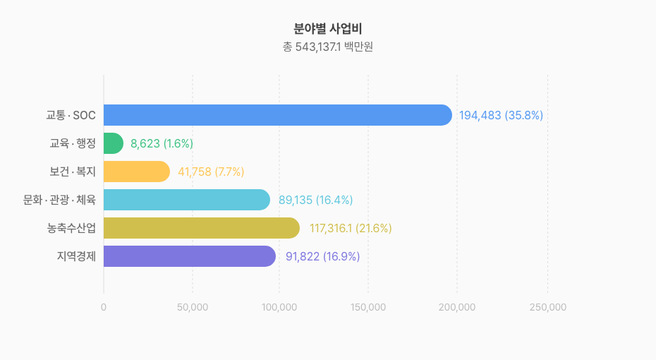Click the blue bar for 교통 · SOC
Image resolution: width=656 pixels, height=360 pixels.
click(277, 115)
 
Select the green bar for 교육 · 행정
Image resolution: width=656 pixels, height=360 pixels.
click(114, 143)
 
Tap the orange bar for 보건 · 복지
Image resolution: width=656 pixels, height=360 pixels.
click(137, 172)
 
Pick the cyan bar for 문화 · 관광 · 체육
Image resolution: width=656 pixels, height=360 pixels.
click(187, 200)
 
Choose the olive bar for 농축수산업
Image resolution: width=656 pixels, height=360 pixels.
click(202, 228)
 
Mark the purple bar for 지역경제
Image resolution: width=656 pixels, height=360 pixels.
click(190, 256)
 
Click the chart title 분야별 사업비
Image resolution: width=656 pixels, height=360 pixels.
click(328, 29)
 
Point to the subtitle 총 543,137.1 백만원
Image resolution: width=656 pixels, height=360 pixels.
click(328, 47)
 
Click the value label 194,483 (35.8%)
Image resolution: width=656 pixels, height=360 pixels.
click(501, 115)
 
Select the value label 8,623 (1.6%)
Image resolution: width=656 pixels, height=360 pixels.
click(162, 143)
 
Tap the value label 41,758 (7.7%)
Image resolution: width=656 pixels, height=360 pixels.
click(211, 172)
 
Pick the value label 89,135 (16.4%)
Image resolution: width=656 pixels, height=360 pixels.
click(315, 200)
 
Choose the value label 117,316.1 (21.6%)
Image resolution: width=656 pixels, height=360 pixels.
click(351, 228)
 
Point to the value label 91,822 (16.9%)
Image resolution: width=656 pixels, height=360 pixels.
click(322, 256)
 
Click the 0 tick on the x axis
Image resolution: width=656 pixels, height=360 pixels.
click(104, 307)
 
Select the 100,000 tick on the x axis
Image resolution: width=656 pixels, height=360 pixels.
click(279, 307)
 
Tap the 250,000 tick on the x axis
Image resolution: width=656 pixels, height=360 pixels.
click(547, 307)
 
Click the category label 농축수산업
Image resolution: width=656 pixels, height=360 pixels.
click(71, 228)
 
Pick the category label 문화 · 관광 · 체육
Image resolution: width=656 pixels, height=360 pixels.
click(59, 200)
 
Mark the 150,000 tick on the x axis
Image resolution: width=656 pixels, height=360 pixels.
click(368, 307)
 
